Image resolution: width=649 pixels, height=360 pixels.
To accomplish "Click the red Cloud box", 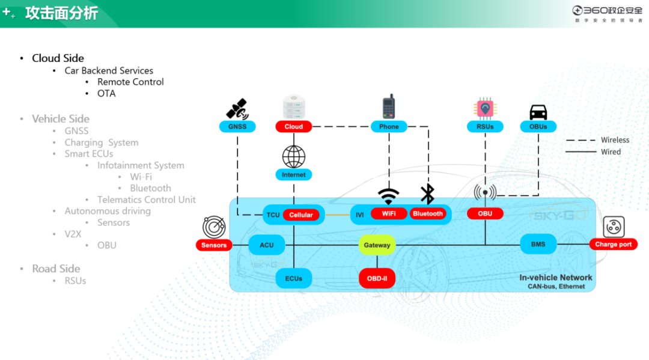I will click(294, 126).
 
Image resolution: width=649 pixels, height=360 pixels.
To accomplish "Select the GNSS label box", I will click(237, 126).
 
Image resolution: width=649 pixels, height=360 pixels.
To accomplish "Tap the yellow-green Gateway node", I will click(377, 245).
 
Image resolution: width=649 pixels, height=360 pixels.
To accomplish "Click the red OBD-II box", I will click(377, 278).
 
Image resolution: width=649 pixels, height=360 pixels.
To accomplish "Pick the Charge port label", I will click(613, 245).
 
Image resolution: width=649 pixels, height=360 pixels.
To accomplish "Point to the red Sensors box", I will click(214, 245).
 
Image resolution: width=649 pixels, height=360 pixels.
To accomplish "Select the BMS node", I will click(538, 245).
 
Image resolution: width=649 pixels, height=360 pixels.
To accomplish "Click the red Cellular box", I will click(301, 215).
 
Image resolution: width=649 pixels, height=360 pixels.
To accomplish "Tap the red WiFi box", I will click(389, 214).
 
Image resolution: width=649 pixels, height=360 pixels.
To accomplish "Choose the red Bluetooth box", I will click(428, 214).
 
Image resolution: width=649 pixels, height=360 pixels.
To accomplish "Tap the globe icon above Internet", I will click(294, 156).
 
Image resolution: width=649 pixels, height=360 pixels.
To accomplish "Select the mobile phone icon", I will click(389, 106).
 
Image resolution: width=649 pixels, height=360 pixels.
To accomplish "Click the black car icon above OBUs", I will click(538, 112).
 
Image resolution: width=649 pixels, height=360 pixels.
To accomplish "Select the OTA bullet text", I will click(106, 93).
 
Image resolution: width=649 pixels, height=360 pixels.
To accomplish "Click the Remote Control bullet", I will click(130, 82).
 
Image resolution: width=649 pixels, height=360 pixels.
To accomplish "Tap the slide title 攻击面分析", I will click(61, 13).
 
